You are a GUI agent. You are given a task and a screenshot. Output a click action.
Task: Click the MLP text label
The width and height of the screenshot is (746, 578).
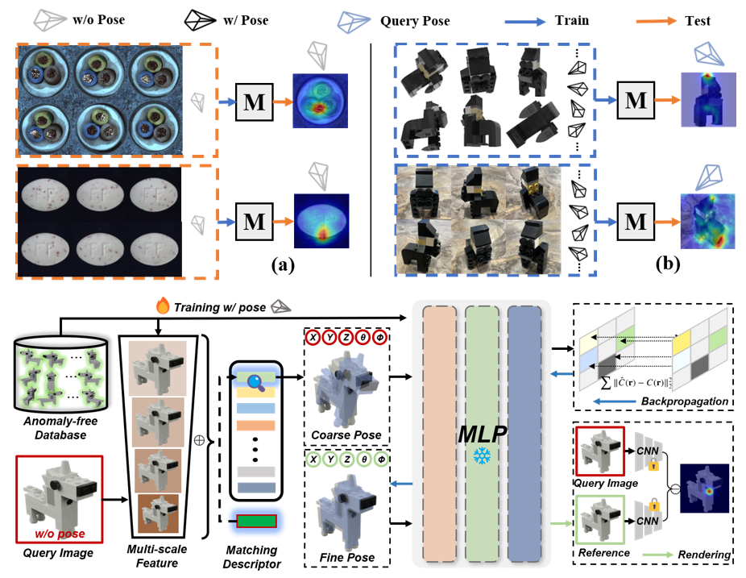click(483, 434)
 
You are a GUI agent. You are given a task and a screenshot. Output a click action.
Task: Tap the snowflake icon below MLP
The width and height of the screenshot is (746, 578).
click(483, 457)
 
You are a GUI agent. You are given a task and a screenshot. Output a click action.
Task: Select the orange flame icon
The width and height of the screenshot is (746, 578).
click(162, 306)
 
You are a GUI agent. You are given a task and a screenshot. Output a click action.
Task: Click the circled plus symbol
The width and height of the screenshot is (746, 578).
click(199, 440)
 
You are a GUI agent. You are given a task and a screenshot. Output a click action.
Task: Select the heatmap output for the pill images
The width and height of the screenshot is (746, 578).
click(321, 220)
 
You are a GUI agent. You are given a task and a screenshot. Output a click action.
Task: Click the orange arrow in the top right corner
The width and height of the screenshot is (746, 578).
click(657, 21)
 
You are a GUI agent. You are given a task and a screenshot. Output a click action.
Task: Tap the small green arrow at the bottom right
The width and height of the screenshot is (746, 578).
click(657, 555)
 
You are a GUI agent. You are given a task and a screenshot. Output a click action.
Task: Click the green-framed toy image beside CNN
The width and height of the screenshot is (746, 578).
click(600, 519)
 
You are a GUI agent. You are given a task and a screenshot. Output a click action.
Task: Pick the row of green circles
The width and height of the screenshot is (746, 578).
click(346, 459)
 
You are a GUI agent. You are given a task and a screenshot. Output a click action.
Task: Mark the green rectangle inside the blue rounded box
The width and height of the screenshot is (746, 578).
click(256, 521)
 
